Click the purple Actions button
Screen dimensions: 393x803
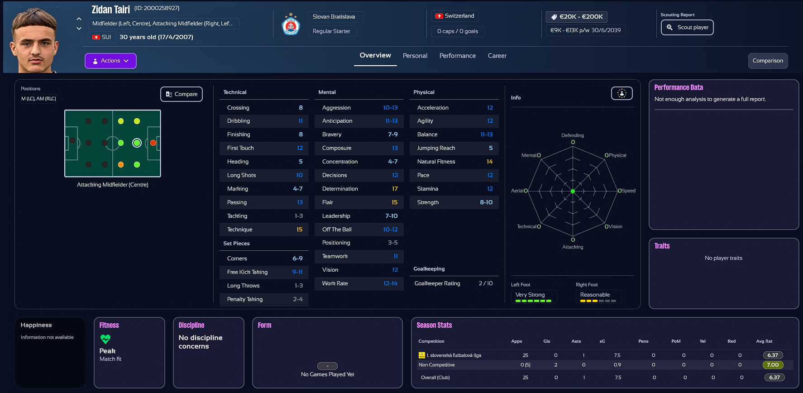[110, 61]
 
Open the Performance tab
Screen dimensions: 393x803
[457, 56]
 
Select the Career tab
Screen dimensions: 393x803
[497, 56]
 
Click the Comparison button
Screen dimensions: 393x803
[767, 61]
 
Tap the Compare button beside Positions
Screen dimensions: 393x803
[182, 94]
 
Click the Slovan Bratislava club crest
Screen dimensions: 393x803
[291, 24]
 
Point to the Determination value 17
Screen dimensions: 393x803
[395, 189]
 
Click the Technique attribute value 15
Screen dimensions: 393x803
[299, 230]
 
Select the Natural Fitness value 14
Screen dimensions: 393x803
[489, 162]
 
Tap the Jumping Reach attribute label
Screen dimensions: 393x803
[436, 148]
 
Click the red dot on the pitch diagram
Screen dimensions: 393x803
[153, 143]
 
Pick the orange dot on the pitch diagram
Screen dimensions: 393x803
[121, 165]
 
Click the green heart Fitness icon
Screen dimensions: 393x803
[105, 339]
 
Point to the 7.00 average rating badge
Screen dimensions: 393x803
[773, 365]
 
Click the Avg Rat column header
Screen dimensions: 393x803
[764, 341]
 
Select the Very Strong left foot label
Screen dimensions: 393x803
[530, 295]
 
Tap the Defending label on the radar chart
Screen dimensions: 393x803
[572, 135]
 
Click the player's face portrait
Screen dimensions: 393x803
[34, 41]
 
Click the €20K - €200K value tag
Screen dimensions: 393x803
[577, 17]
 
